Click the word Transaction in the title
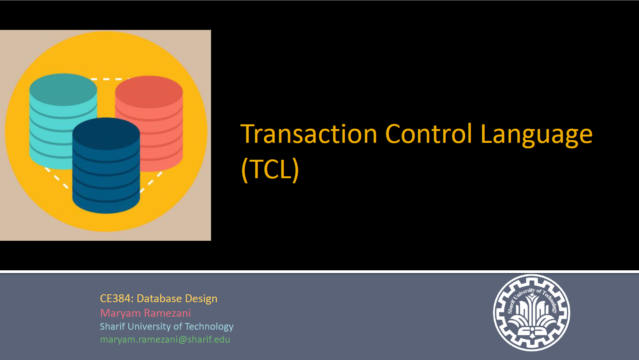[x=309, y=134]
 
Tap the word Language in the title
[x=537, y=135]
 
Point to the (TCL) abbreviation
[x=270, y=169]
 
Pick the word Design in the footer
[x=201, y=299]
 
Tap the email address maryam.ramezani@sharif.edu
[x=165, y=340]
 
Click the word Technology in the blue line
[x=209, y=327]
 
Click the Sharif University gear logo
[x=532, y=313]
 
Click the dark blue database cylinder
[x=106, y=166]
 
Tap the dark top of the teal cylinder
[x=63, y=89]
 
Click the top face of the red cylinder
[x=149, y=92]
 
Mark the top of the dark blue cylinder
[x=106, y=134]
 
